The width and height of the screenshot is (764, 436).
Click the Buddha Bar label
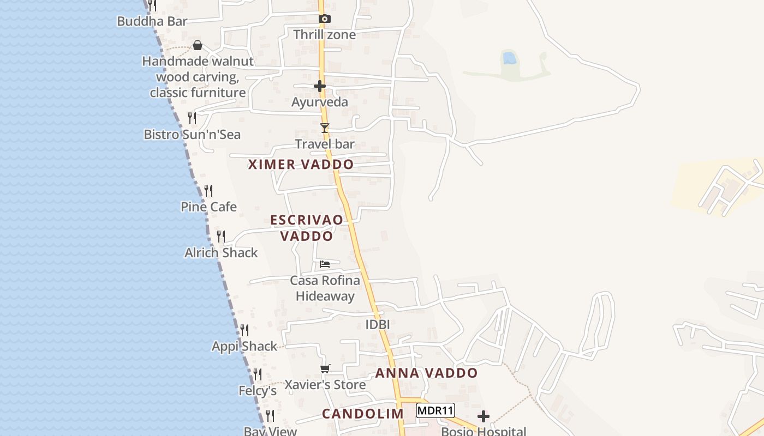pos(152,21)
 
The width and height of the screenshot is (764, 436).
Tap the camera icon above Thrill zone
pos(325,19)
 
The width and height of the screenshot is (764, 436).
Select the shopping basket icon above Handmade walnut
pos(198,45)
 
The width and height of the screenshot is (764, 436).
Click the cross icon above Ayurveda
pos(320,86)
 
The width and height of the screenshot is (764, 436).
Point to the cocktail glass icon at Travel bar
pos(325,128)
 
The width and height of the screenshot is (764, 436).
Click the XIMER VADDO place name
pos(301,164)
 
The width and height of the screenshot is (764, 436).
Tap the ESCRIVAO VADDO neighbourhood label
pos(307,228)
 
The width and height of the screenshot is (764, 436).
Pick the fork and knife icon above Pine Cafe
pos(208,191)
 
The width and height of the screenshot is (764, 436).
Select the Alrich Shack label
pos(221,253)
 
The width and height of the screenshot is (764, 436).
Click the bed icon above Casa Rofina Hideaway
pos(325,264)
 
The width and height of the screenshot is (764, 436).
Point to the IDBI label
pos(377,325)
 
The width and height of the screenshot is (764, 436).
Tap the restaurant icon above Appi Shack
pos(244,330)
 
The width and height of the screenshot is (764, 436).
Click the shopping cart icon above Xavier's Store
pos(325,369)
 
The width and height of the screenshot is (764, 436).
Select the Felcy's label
pos(258,391)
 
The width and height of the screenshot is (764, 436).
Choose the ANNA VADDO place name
pos(426,373)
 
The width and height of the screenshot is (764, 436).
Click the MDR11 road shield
pos(435,410)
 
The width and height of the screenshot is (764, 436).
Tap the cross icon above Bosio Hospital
pos(484,417)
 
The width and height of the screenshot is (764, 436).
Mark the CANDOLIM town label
pos(362,414)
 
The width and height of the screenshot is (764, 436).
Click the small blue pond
pos(509,58)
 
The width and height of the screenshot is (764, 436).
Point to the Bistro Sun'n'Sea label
pos(192,135)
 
